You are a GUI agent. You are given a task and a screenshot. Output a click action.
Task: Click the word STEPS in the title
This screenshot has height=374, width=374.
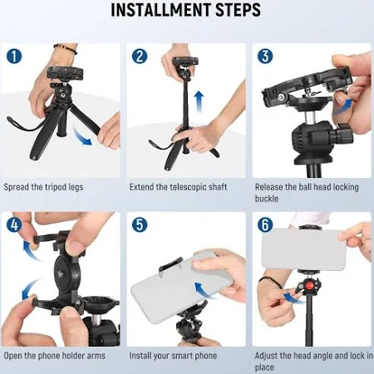[239, 10]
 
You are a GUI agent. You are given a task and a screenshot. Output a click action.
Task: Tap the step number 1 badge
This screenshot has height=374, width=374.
[14, 57]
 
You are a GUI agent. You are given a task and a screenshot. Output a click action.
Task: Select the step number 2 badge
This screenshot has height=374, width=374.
[140, 57]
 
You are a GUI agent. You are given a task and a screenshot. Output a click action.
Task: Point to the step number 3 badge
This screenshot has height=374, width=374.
[265, 57]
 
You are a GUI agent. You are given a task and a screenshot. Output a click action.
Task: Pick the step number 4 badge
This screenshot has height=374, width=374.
[14, 224]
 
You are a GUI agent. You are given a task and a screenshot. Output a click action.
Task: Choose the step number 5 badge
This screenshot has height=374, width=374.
[140, 224]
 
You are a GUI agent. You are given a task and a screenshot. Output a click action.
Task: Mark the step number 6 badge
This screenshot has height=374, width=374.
[265, 224]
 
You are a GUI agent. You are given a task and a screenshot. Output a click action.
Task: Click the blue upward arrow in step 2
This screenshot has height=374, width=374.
[199, 102]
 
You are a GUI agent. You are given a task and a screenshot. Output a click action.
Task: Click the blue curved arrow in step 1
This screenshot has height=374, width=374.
[82, 136]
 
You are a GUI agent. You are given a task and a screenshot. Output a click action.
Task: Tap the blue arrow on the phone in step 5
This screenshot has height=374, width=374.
[204, 291]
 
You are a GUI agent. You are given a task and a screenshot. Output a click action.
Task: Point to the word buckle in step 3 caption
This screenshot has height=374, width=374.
[267, 199]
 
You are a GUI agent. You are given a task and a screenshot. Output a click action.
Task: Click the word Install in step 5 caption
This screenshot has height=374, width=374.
[140, 356]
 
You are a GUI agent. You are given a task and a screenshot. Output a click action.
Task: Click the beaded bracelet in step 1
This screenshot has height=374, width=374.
[66, 48]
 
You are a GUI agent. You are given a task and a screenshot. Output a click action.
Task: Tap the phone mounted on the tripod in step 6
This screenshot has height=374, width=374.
[304, 249]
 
